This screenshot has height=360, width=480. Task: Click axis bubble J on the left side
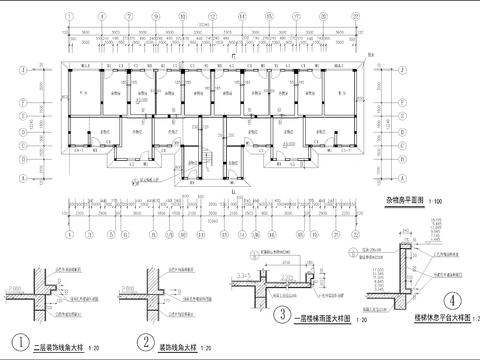pyautogui.click(x=23, y=71)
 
